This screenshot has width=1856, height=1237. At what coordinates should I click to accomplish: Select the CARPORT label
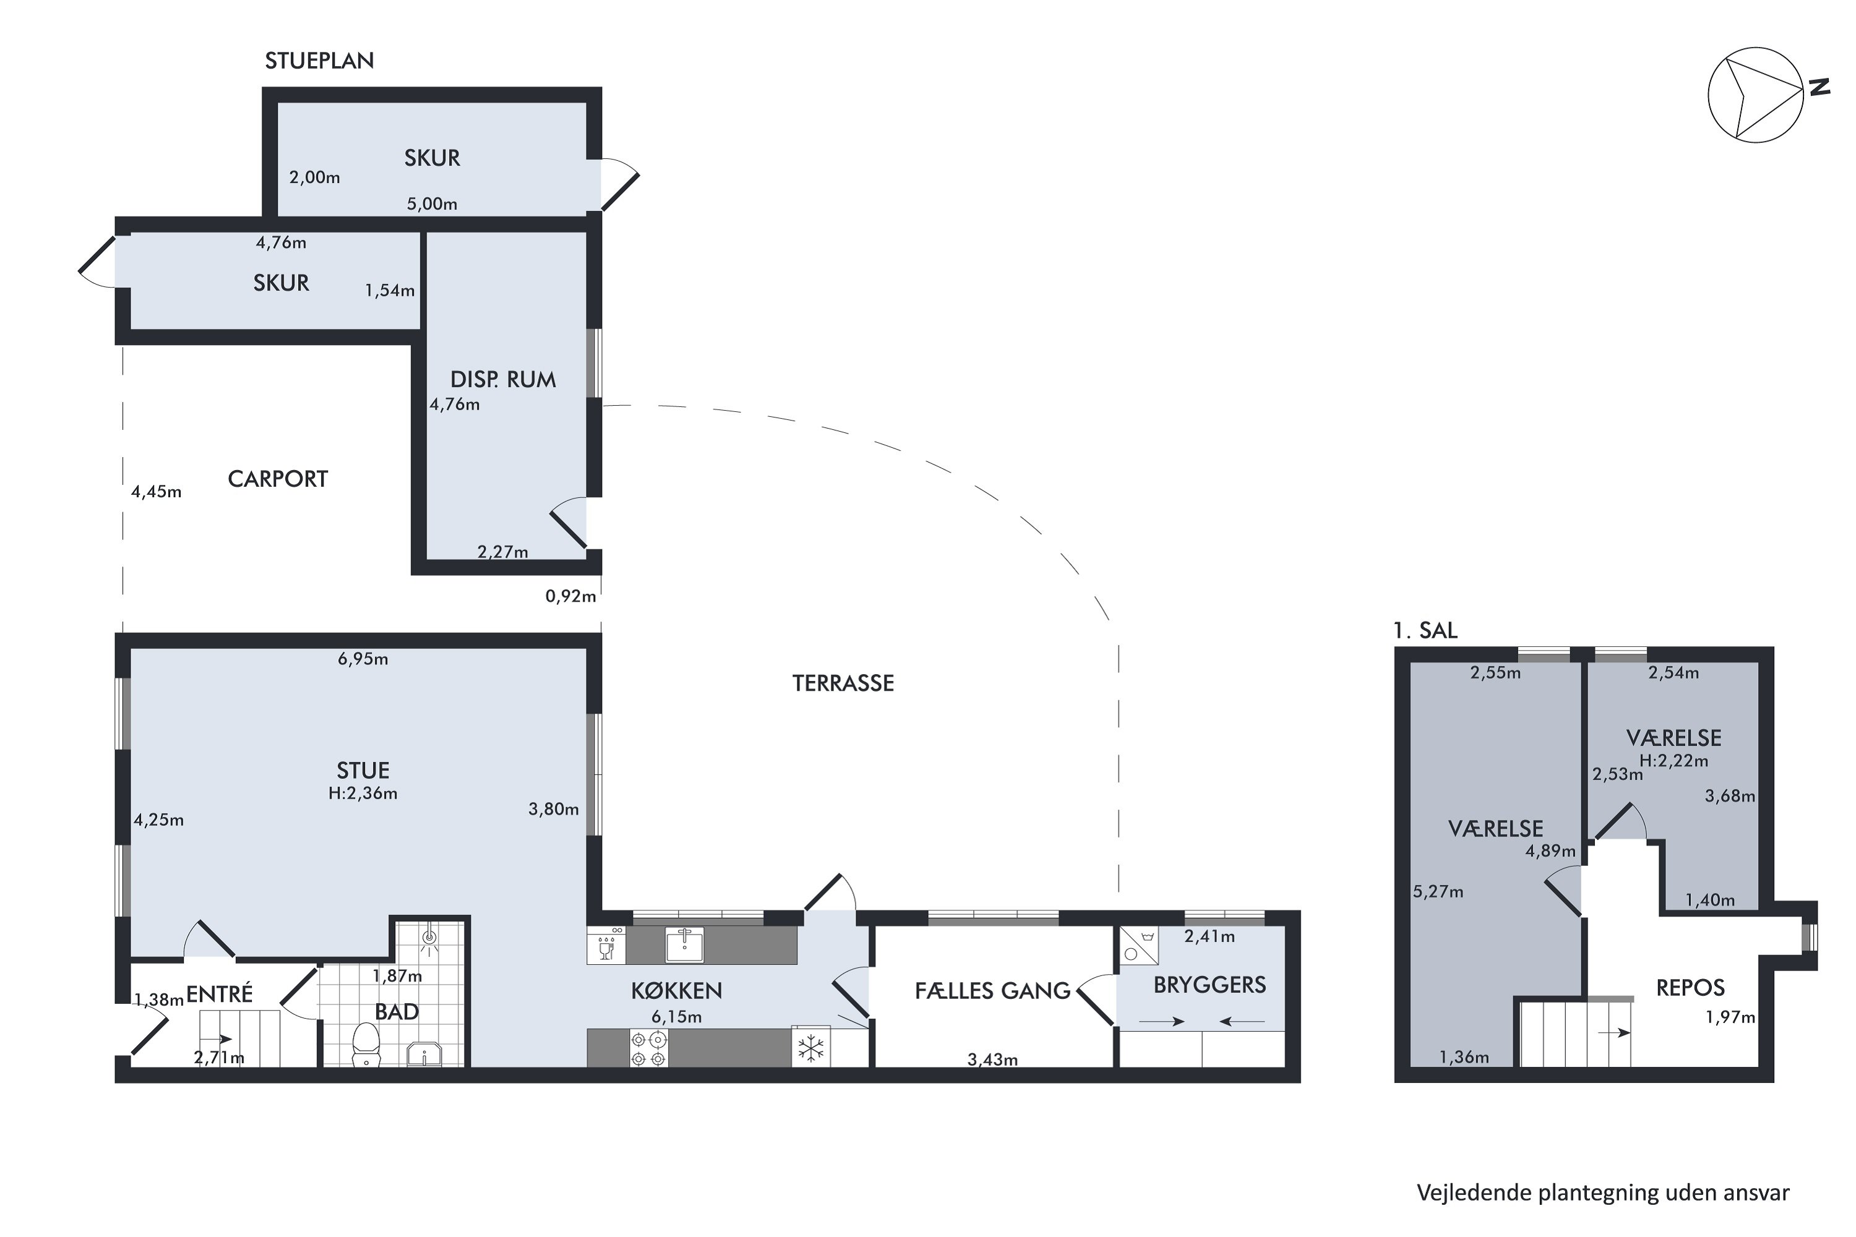coord(278,479)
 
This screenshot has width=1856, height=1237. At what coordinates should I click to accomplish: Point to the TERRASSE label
coord(843,683)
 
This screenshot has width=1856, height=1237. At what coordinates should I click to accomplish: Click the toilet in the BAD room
coord(366,1045)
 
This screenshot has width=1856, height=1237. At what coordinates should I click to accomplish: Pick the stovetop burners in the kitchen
coord(648,1049)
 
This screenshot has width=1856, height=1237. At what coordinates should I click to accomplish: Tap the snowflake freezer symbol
coord(811,1048)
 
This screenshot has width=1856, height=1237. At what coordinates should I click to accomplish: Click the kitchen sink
coord(684,944)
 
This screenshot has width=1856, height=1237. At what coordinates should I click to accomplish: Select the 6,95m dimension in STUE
coord(363,659)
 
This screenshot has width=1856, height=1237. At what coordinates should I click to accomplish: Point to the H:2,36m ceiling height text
coord(363,794)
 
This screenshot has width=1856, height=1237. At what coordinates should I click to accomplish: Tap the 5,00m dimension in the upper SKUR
coord(432,203)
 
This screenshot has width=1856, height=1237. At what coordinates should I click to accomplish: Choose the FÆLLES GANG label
coord(992,991)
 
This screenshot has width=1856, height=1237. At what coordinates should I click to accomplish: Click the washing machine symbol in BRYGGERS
coord(1140,945)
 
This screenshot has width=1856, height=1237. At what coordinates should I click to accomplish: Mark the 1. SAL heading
coord(1425,630)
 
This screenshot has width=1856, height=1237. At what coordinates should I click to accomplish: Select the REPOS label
coord(1690,988)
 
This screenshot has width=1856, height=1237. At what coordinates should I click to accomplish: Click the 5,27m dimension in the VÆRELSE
coord(1438,892)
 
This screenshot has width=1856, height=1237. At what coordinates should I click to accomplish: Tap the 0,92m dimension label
coord(570,596)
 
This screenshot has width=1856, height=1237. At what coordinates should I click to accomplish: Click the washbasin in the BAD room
coord(424,1054)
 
